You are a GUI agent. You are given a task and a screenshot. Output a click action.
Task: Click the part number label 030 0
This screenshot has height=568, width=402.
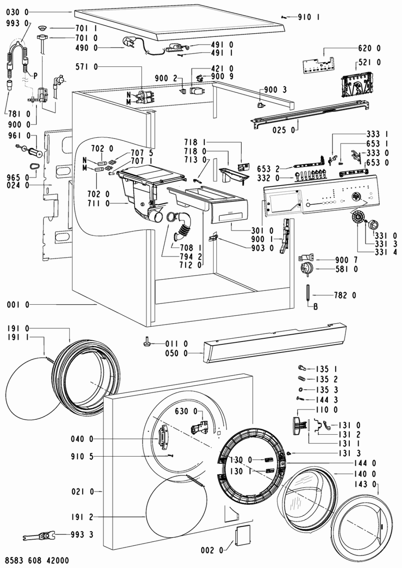tap(18, 12)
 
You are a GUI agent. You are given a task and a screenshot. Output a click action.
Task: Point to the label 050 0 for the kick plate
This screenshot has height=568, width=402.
tap(177, 353)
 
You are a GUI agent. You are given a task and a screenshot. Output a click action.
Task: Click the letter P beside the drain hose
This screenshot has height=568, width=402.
tap(35, 76)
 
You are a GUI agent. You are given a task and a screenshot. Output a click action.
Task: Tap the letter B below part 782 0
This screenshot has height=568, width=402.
tap(316, 307)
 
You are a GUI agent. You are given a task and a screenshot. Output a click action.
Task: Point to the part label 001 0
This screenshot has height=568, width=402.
tap(18, 305)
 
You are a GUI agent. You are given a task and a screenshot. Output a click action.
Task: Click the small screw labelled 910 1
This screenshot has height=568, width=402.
tap(284, 17)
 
